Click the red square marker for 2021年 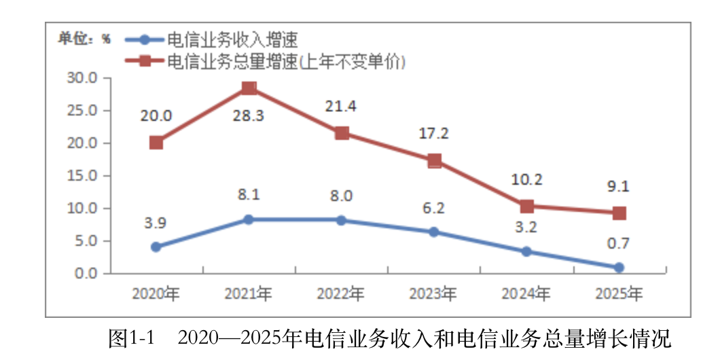click(x=249, y=88)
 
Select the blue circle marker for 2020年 click(x=156, y=247)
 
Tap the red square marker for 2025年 click(x=619, y=213)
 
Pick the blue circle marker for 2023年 click(x=433, y=232)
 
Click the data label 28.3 click(x=249, y=115)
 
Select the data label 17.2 click(x=433, y=134)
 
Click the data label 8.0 click(x=341, y=196)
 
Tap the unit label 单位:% click(x=84, y=39)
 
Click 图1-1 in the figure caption click(x=132, y=338)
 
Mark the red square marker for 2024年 click(x=526, y=206)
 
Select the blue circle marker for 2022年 click(x=341, y=220)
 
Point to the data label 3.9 click(x=156, y=223)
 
